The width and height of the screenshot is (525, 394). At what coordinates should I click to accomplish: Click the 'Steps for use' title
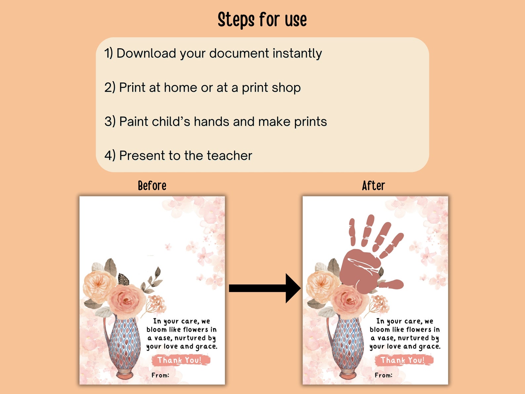click(x=262, y=20)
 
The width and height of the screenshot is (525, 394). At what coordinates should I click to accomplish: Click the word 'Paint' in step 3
click(x=134, y=122)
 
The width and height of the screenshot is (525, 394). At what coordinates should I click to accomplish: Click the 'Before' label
click(x=152, y=186)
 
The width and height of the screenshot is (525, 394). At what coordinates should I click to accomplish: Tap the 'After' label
click(x=373, y=186)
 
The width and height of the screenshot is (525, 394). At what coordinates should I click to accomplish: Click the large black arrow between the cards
click(x=264, y=288)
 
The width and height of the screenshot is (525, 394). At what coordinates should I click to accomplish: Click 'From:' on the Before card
click(x=160, y=375)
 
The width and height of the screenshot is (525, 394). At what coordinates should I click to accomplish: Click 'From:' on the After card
click(x=384, y=375)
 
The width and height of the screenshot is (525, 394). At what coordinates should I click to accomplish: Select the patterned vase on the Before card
click(x=124, y=344)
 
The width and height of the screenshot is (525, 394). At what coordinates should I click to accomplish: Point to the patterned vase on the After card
click(x=347, y=344)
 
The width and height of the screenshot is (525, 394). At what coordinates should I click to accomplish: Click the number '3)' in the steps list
click(x=110, y=122)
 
